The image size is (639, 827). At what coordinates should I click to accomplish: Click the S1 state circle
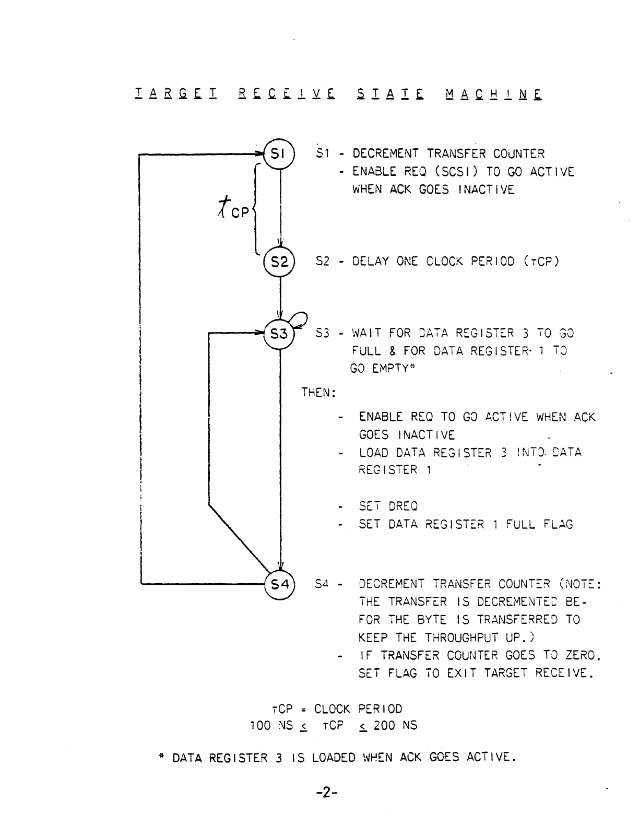click(x=280, y=153)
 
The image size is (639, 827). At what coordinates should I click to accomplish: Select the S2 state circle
click(x=280, y=261)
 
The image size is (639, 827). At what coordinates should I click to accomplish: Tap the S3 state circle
click(x=280, y=333)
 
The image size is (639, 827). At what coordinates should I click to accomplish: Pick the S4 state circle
click(x=280, y=584)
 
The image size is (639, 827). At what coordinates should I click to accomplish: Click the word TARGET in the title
click(x=176, y=95)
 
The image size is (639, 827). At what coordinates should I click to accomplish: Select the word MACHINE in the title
click(x=494, y=95)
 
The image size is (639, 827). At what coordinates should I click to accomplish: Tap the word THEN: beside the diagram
click(x=317, y=392)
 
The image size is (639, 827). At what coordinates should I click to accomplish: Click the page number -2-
click(x=327, y=793)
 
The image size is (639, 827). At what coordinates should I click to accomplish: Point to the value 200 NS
click(x=395, y=725)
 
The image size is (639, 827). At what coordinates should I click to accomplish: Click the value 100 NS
click(x=271, y=725)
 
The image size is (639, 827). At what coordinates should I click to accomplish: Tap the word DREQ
click(x=403, y=506)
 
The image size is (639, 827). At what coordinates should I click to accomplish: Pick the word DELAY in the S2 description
click(x=371, y=261)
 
